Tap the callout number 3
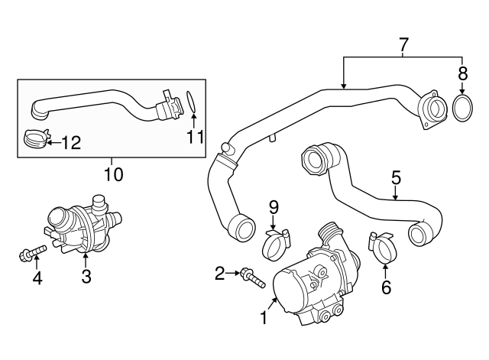click(86, 274)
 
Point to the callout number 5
click(396, 178)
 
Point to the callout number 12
click(70, 142)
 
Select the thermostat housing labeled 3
click(81, 225)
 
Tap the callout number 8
click(462, 74)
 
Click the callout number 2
click(219, 272)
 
